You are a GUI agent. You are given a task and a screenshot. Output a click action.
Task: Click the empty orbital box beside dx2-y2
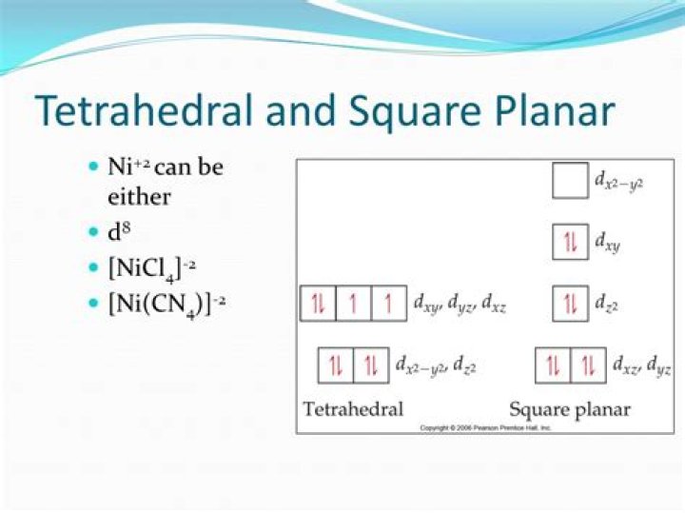(x=570, y=181)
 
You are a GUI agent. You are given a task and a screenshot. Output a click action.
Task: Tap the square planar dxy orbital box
(x=570, y=243)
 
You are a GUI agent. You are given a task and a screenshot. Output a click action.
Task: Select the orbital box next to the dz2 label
(x=570, y=305)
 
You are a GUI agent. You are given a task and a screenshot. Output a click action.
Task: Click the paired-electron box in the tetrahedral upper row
(x=318, y=305)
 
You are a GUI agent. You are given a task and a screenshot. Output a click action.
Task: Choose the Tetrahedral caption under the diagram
(x=353, y=409)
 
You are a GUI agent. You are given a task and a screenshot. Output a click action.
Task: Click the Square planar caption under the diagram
(x=570, y=409)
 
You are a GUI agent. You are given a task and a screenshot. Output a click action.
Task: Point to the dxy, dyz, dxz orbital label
(x=460, y=305)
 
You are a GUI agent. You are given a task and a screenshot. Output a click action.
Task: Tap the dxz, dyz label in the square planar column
(x=641, y=365)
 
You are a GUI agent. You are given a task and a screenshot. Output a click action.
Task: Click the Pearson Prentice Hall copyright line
(x=486, y=428)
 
